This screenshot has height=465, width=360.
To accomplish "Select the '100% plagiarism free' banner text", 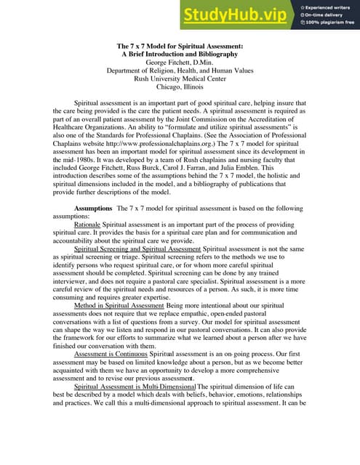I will coord(331,23).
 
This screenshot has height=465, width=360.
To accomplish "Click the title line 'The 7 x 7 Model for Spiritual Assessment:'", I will coord(180,46).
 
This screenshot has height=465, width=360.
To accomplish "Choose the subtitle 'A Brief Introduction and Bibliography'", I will coord(180,54).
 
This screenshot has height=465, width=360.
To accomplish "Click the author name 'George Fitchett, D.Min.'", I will coord(180,63).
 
